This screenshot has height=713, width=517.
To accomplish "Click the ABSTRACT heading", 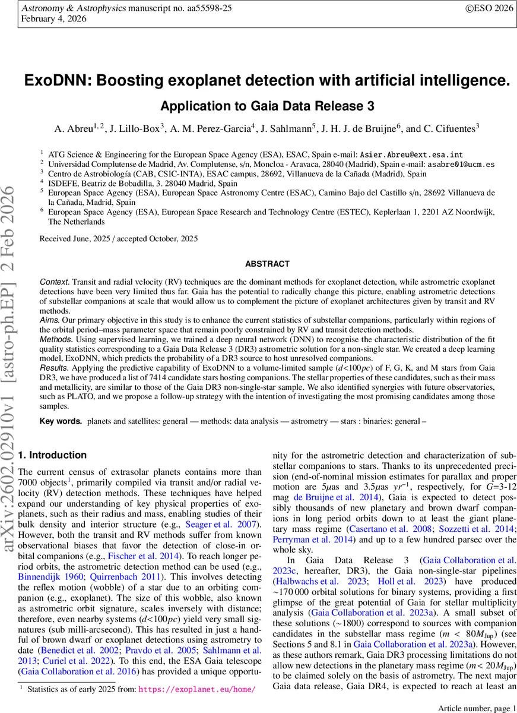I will coord(266,264).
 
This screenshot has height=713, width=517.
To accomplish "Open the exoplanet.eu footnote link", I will coord(198,690).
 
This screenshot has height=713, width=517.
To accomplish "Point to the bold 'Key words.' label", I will coord(61,421).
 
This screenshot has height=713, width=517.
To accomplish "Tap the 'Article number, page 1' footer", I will coord(472,707).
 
